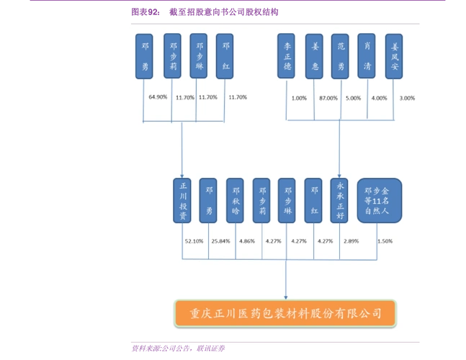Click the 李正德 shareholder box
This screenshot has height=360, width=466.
286,55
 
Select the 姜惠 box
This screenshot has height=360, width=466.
314,55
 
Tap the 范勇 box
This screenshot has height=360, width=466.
341,55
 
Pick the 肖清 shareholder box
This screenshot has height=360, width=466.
367,55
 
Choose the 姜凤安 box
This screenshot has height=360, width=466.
394,55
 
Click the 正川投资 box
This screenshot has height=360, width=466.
182,201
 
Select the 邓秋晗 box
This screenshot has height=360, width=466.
235,201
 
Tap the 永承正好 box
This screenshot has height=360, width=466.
339,201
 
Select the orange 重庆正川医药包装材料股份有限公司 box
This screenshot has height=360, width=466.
286,312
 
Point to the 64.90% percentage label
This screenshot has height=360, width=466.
158,97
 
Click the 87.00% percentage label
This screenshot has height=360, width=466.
328,98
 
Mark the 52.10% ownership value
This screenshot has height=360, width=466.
194,241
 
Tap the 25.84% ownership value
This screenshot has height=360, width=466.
220,241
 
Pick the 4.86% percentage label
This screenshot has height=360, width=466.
247,241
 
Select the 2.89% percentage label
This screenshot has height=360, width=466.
351,241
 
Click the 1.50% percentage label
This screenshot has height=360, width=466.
385,241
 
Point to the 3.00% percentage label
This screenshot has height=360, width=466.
407,98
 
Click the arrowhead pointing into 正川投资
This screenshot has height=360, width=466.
182,175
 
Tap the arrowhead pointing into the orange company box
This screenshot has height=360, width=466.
286,296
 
